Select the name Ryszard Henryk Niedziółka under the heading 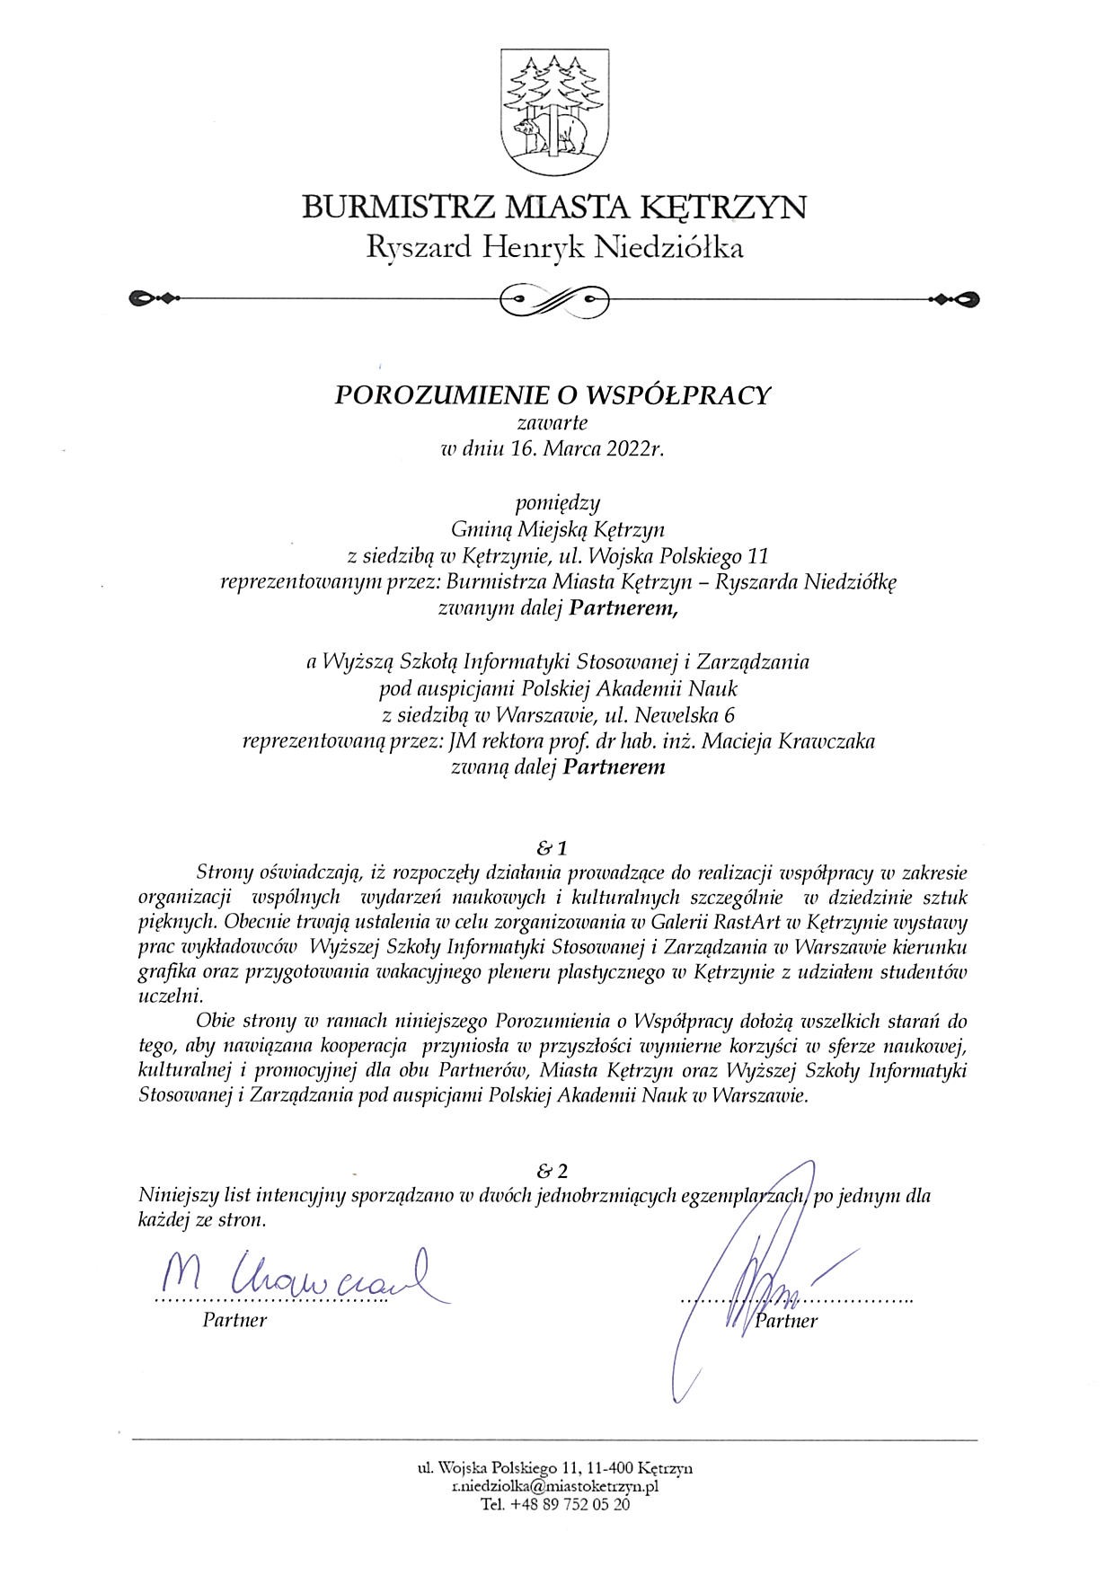click(x=555, y=248)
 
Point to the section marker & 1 click(x=553, y=847)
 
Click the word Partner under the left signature click(x=234, y=1320)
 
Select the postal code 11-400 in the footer click(x=611, y=1469)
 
